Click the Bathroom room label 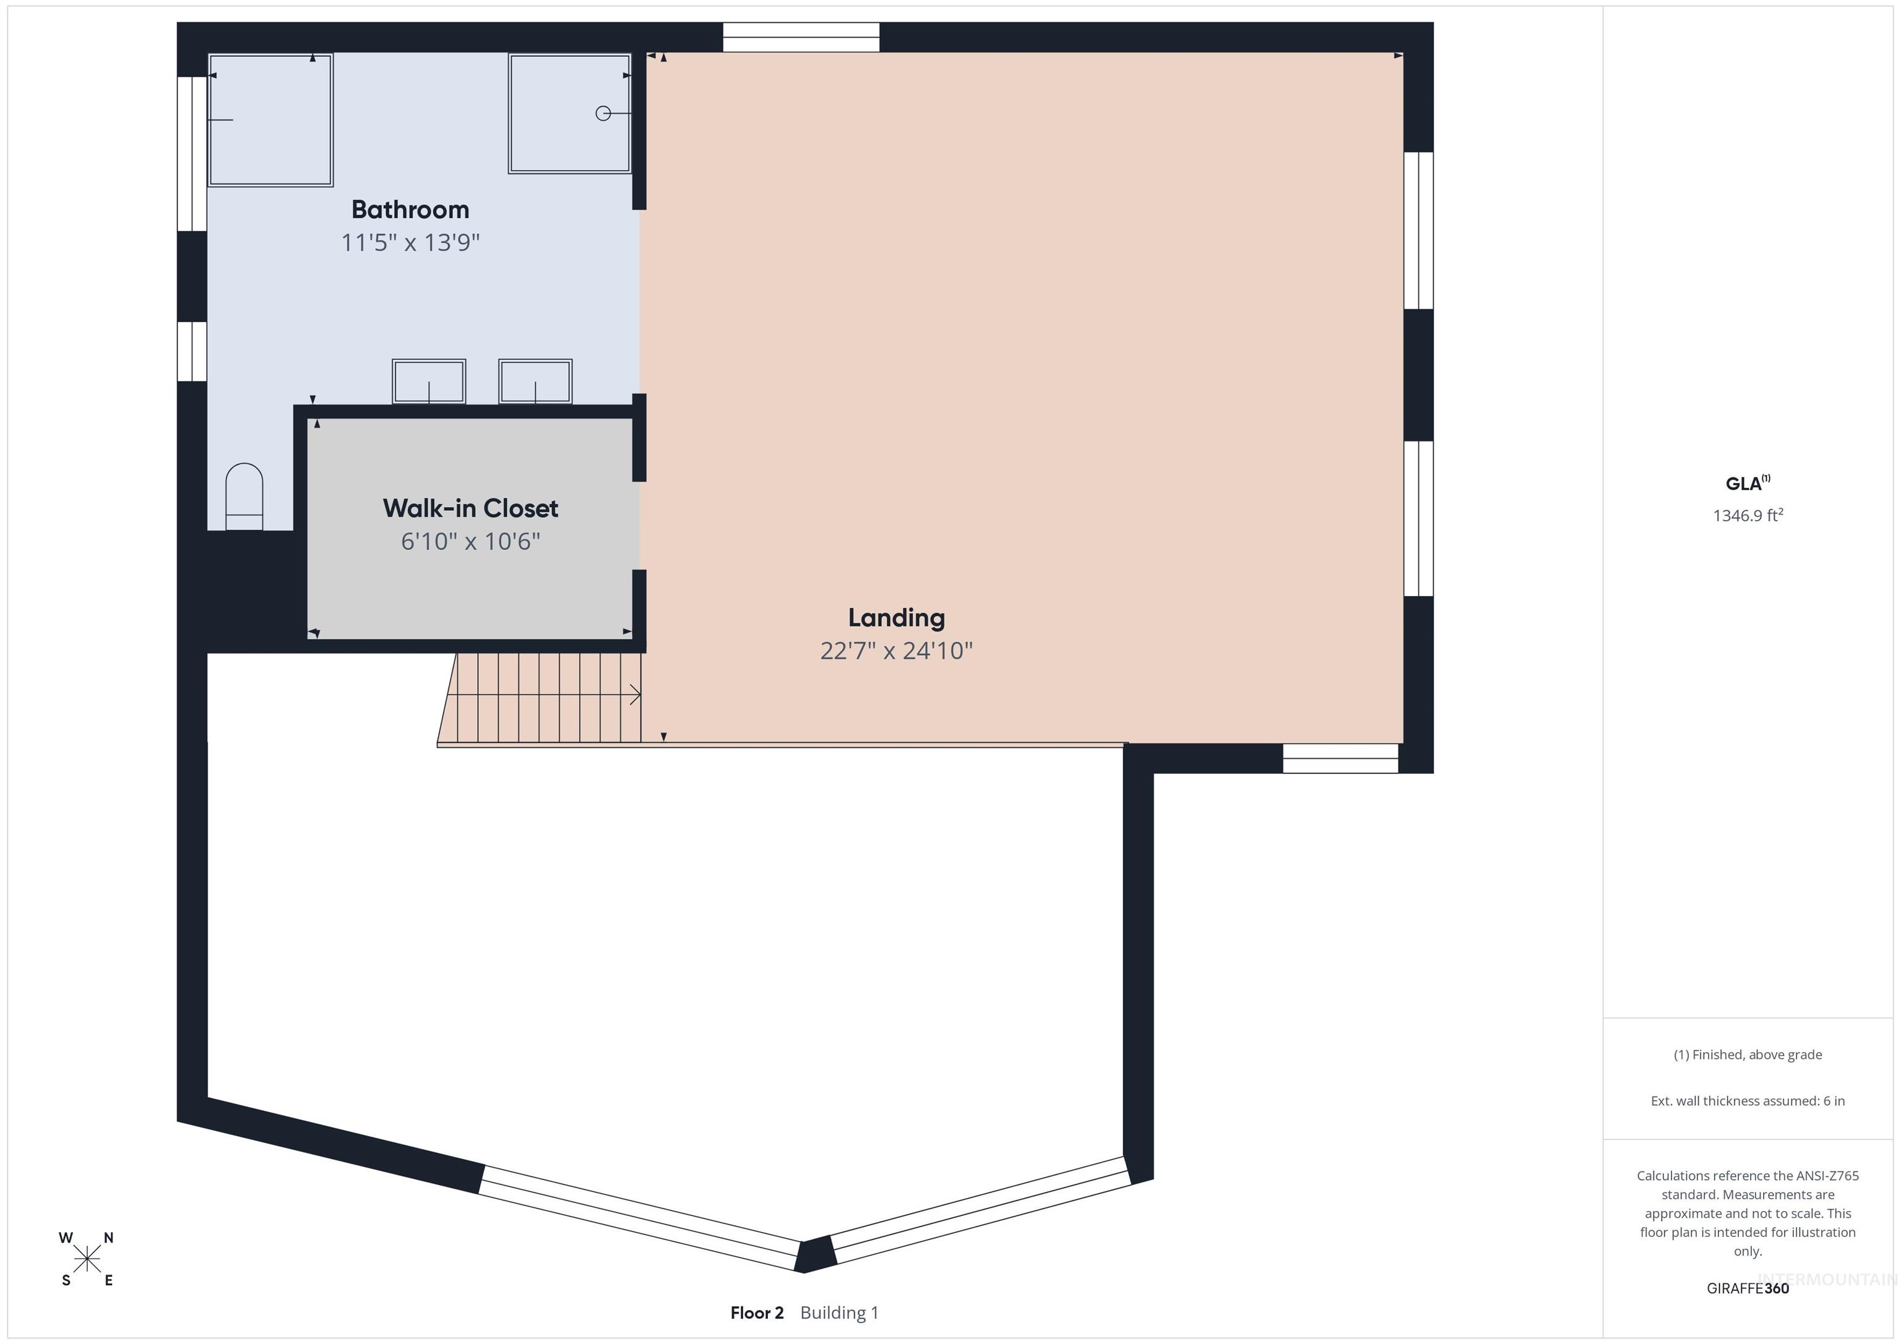(410, 210)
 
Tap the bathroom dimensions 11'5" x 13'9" (410, 242)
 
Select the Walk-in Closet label (470, 508)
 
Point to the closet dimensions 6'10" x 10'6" (470, 541)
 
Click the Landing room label (896, 617)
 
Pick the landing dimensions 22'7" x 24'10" (896, 651)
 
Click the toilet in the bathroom (244, 497)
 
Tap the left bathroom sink (429, 382)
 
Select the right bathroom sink (535, 382)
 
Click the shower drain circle (603, 113)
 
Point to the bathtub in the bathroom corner (270, 120)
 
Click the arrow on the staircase (634, 695)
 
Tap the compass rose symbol (87, 1259)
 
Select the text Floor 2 (757, 1312)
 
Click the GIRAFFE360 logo (1747, 1288)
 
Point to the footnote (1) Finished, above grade (1747, 1055)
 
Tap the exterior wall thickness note (1747, 1101)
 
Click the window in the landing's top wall (801, 37)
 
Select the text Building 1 (838, 1312)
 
